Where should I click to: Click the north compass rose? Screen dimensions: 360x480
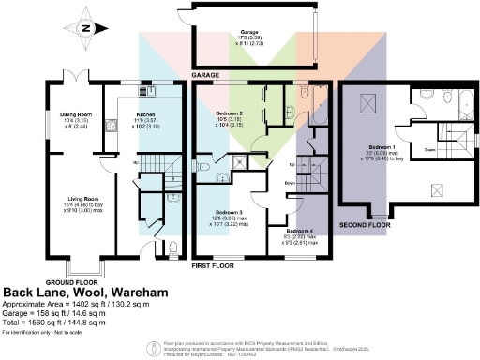87,28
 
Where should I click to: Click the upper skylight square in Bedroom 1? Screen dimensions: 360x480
368,102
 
